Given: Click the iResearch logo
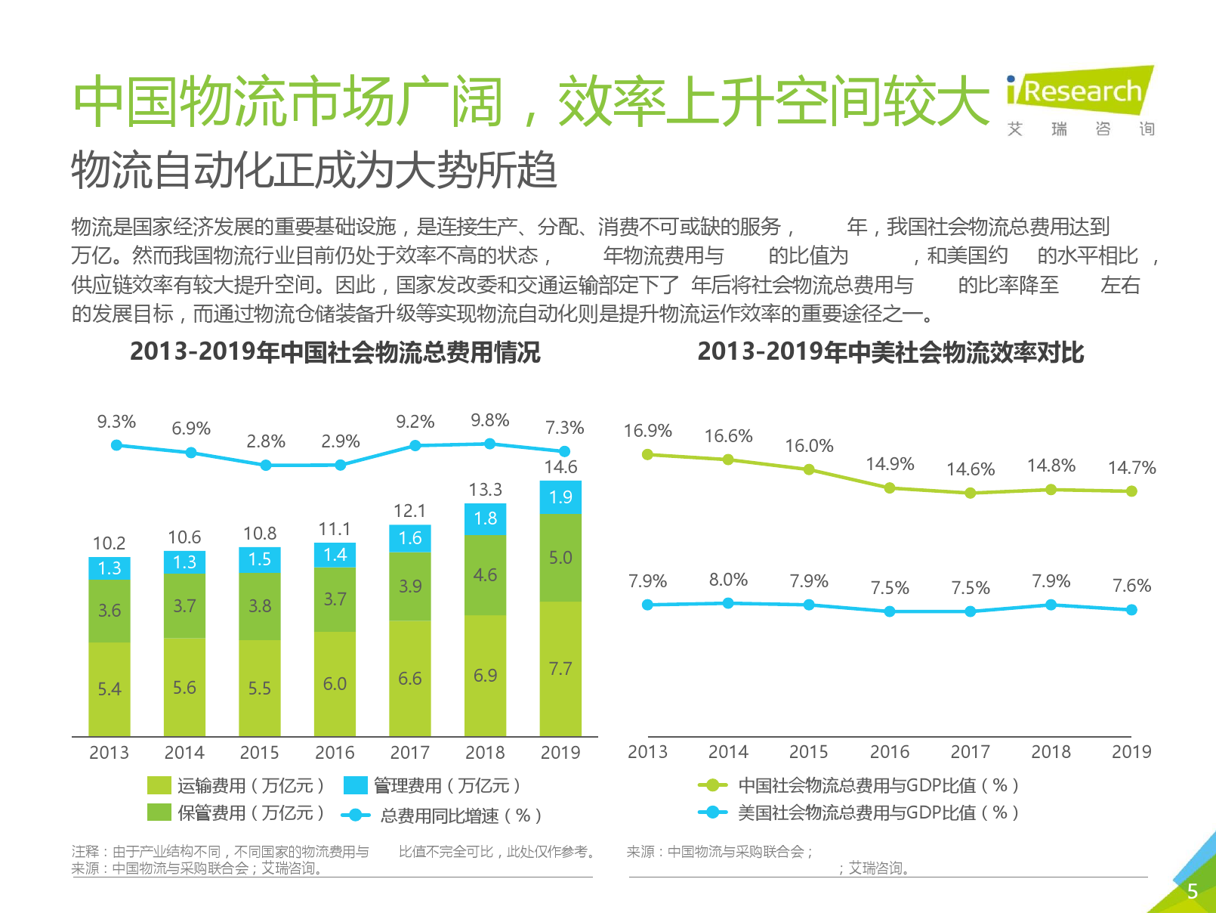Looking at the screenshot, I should click(1080, 92).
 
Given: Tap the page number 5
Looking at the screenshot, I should click(1192, 891).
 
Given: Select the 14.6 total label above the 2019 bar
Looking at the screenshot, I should click(560, 467).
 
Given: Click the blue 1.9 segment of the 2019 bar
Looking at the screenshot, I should click(560, 497).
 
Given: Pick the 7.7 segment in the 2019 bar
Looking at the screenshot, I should click(560, 669).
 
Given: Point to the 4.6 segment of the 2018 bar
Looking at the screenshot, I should click(485, 575).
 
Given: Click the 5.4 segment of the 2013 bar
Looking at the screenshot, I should click(110, 689).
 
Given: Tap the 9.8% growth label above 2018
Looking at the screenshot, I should click(490, 420).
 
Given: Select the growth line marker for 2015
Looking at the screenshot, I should click(266, 465).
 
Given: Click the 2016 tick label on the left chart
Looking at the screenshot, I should click(335, 753).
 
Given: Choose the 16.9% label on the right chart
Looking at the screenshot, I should click(647, 431).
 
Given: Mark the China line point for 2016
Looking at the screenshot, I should click(890, 488).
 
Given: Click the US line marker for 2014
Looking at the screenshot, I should click(728, 603).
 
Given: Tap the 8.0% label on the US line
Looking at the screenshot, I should click(728, 580).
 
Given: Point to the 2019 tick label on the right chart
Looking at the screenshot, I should click(1131, 752).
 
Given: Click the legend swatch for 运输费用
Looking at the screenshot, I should click(159, 786).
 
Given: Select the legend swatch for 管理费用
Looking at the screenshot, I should click(355, 786).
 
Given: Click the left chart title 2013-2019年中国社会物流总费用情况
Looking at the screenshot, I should click(335, 352).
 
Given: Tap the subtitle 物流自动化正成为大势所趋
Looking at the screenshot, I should click(314, 171).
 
